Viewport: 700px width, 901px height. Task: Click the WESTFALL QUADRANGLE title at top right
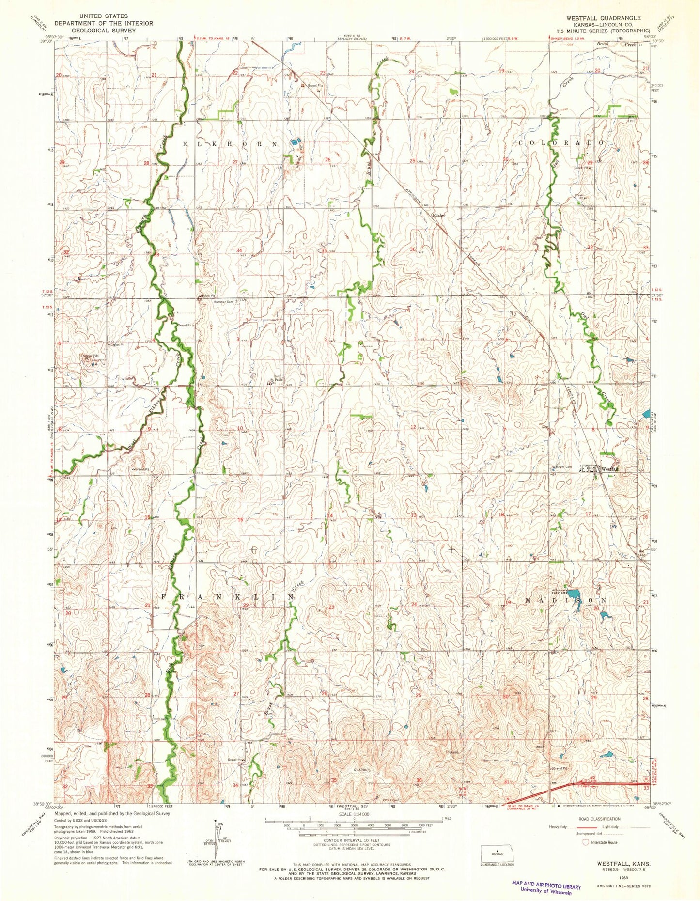(x=603, y=18)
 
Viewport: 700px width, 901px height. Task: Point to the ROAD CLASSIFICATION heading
(x=592, y=819)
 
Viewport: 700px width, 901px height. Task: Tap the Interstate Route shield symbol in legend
(x=586, y=842)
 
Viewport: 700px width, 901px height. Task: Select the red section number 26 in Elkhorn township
(x=328, y=160)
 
